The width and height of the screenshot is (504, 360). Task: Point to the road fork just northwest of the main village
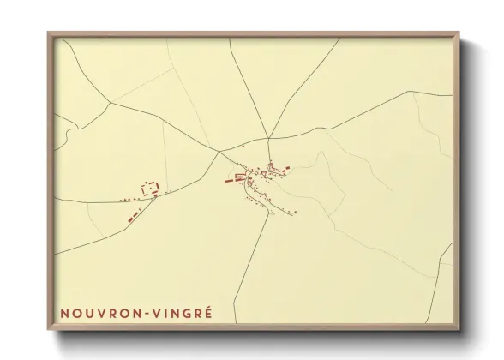coord(219,152)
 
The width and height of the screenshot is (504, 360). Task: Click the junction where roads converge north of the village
coord(268,137)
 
